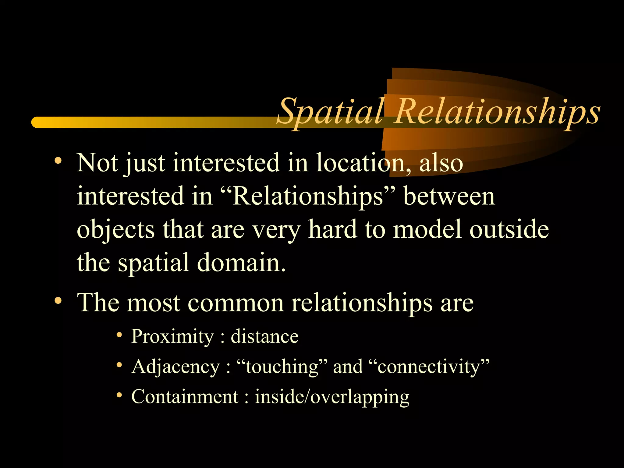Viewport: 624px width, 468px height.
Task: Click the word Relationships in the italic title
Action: (x=497, y=112)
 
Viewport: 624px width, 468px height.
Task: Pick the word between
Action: (x=449, y=197)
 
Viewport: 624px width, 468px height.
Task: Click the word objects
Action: (x=115, y=230)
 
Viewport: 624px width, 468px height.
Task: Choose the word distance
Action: (x=264, y=337)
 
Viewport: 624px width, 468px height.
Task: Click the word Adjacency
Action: (x=175, y=367)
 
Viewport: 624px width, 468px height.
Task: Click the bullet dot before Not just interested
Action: (x=58, y=161)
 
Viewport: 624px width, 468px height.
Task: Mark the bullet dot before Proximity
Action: (x=119, y=335)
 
